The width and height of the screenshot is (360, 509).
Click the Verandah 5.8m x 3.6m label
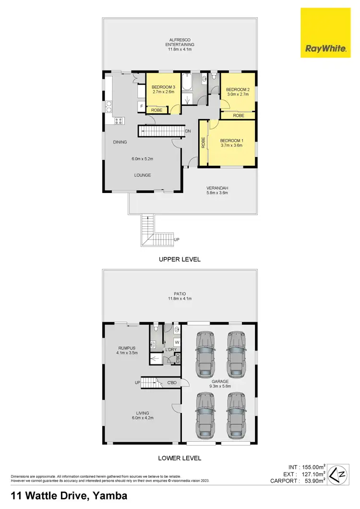[x=216, y=190]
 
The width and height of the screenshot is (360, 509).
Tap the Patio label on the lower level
[x=180, y=296]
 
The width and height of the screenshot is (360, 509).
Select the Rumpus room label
[x=127, y=350]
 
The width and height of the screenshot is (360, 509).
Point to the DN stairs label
[x=188, y=131]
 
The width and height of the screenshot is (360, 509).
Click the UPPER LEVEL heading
[x=180, y=259]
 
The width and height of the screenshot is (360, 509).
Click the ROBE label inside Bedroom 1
[x=204, y=142]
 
